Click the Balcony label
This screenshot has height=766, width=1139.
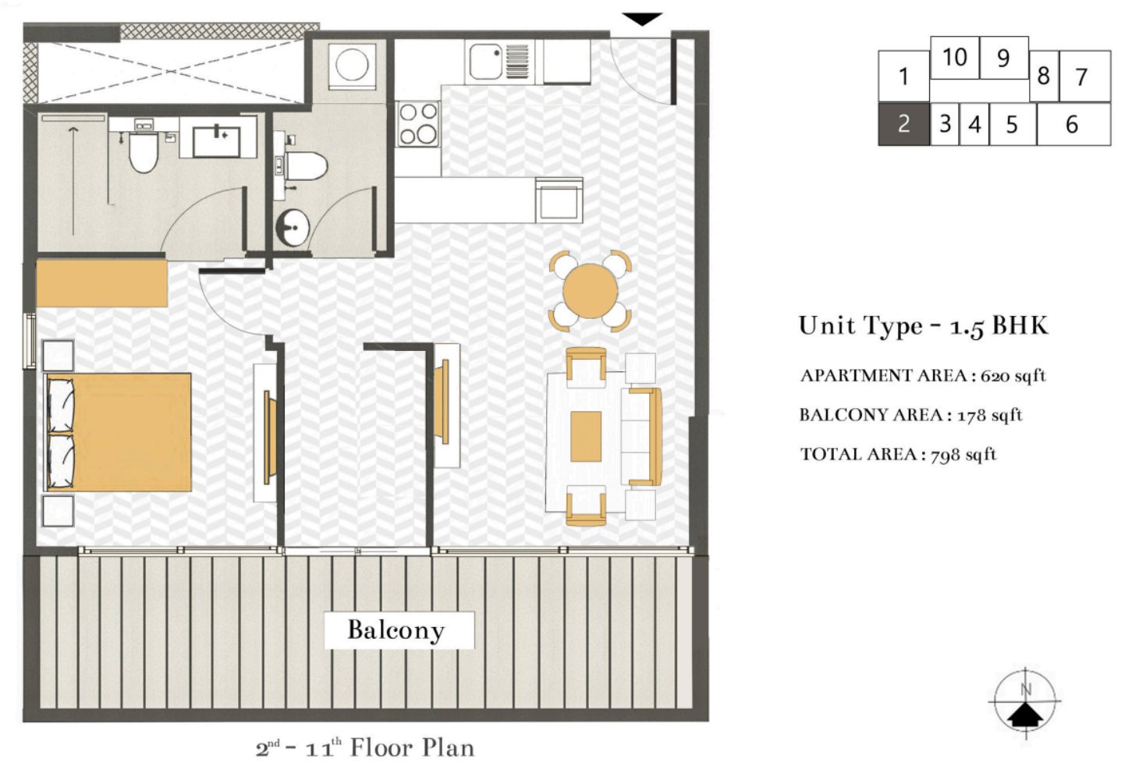[x=396, y=629]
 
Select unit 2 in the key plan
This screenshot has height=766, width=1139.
[x=903, y=124]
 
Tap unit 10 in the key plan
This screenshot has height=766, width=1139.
[x=954, y=58]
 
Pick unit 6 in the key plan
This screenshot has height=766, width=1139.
[x=1072, y=125]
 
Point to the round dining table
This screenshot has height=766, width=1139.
[x=590, y=290]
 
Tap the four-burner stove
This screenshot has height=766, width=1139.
[x=418, y=124]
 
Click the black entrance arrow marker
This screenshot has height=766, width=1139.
[x=642, y=20]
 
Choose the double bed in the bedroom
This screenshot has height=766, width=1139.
[x=119, y=432]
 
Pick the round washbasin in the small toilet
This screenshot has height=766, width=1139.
[x=293, y=228]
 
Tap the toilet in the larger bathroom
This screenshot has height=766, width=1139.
[x=144, y=152]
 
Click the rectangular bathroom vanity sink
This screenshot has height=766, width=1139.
[x=216, y=140]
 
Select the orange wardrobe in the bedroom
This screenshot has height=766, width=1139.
[x=101, y=283]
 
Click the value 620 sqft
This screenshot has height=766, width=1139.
[x=1013, y=376]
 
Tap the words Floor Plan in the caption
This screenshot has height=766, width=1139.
[x=412, y=748]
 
